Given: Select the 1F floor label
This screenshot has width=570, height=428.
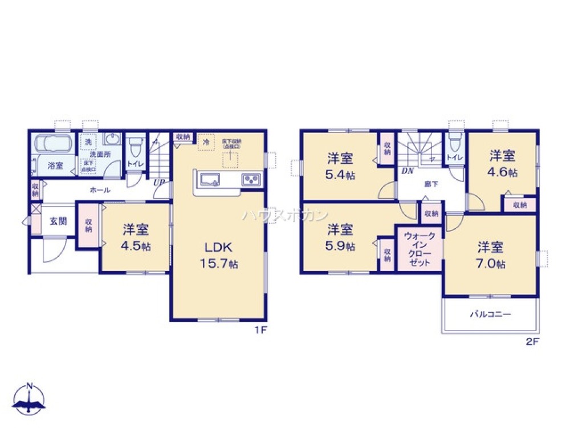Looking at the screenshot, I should [x=261, y=329].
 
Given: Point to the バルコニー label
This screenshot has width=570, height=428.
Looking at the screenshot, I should [x=491, y=314].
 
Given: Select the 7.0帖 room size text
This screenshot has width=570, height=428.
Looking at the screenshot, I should [x=491, y=264].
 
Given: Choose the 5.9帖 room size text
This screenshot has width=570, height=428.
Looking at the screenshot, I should [x=341, y=247].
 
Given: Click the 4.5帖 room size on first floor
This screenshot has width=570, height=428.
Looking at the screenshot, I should [x=136, y=247].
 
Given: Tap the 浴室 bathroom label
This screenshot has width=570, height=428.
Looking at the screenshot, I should [x=55, y=166].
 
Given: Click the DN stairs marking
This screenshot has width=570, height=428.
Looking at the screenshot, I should [x=408, y=171].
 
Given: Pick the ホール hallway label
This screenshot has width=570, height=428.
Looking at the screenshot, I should [x=100, y=190].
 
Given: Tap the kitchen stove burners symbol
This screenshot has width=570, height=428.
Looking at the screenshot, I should [x=250, y=179].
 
